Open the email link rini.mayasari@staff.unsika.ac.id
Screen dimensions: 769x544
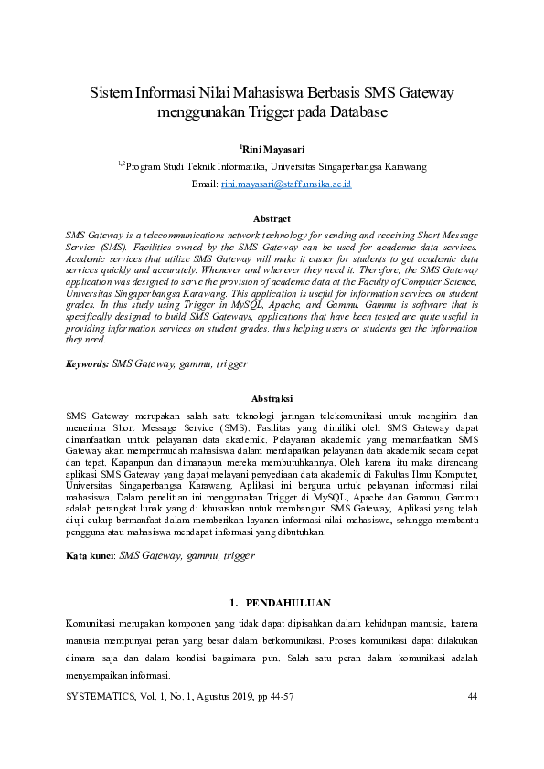click(x=286, y=184)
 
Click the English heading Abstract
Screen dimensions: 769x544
click(x=272, y=219)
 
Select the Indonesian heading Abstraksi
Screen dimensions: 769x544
click(x=272, y=399)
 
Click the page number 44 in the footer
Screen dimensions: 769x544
click(x=473, y=697)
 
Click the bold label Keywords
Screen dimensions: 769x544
click(x=86, y=363)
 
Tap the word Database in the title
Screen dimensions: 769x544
click(x=357, y=113)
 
